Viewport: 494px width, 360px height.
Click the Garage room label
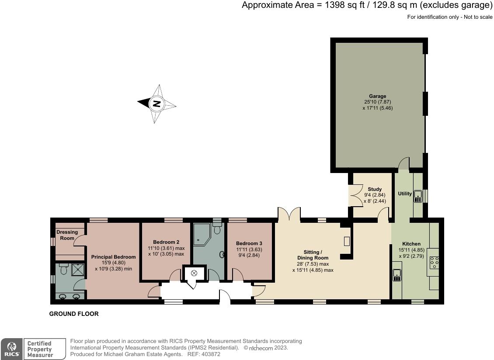377,96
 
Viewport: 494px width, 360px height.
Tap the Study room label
375,189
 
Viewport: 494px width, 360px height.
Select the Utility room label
405,194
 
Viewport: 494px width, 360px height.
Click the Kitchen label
411,243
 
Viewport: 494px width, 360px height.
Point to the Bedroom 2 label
166,242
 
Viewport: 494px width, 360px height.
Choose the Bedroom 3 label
249,243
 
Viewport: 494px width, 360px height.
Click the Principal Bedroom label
113,257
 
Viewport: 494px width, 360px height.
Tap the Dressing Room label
67,235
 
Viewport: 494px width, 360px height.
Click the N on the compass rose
157,104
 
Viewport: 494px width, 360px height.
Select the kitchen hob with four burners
434,263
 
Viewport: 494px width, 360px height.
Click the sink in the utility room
418,196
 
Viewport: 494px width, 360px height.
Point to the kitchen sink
397,275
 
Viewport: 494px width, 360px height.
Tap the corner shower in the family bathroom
202,234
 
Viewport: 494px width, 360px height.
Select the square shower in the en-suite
78,270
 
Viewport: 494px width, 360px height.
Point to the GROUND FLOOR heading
74,314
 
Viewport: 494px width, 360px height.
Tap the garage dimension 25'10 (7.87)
377,102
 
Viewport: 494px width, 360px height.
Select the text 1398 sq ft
342,5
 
